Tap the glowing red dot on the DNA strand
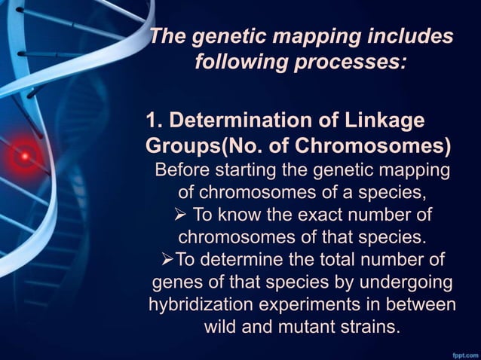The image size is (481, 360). point(24,156)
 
